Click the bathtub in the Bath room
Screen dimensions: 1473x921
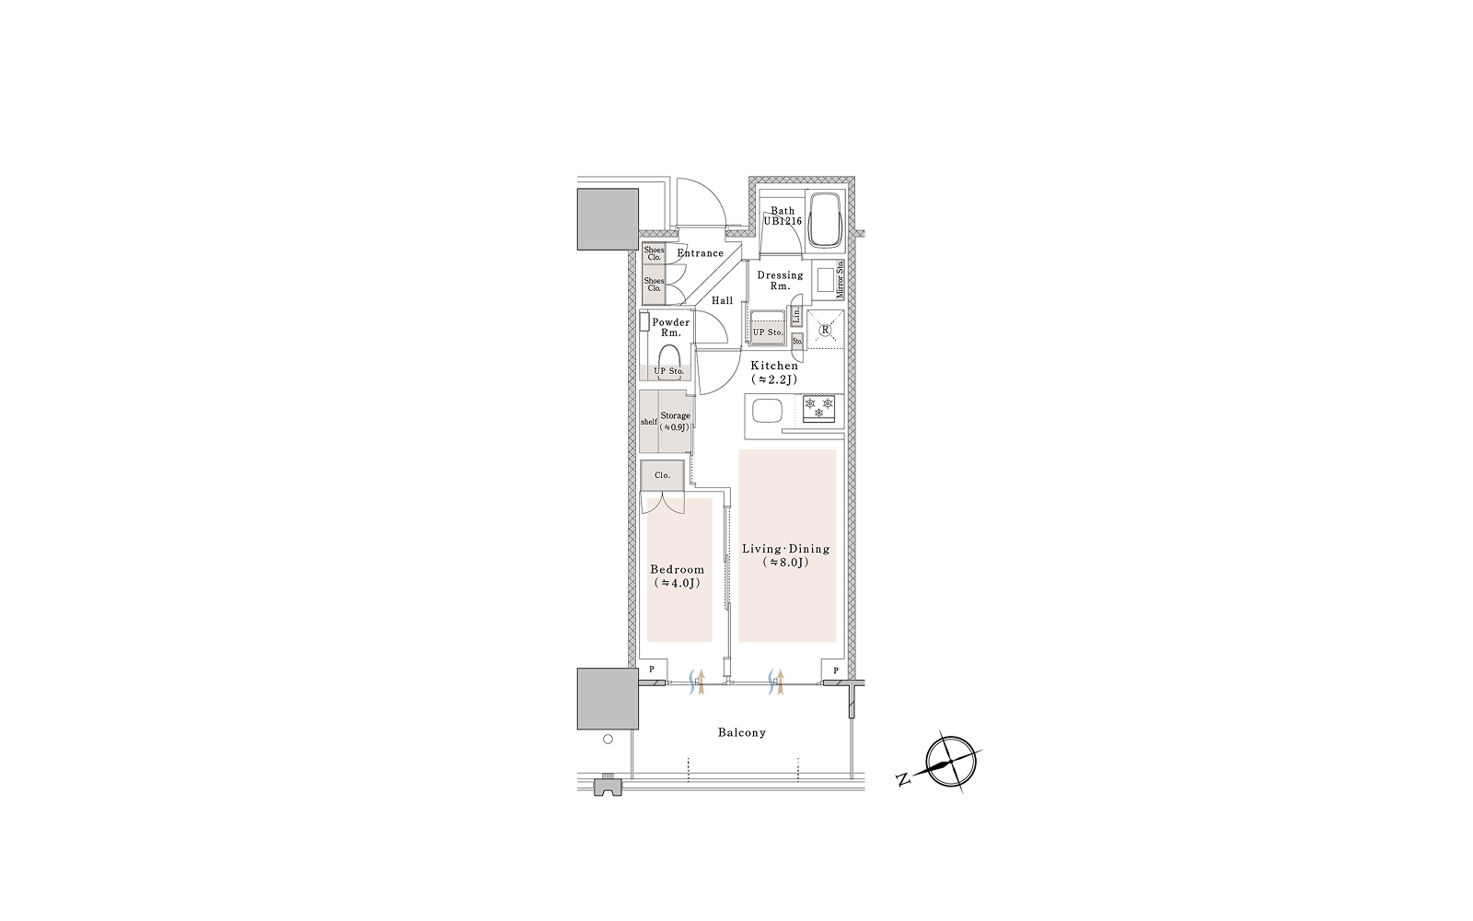coord(825,220)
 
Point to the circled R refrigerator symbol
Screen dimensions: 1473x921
coord(825,329)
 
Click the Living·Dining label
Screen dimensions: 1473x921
coord(786,549)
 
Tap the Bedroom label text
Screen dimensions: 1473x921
coord(677,570)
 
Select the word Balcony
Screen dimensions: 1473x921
coord(742,732)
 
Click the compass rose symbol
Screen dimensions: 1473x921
coord(950,762)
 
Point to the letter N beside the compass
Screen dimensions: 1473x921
coord(903,780)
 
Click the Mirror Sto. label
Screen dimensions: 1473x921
coord(840,280)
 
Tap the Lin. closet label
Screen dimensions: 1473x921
coord(796,316)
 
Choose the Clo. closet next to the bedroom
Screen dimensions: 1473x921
coord(662,475)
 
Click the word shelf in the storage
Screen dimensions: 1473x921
coord(648,422)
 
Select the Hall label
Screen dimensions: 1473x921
coord(722,300)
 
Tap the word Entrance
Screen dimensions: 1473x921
coord(701,253)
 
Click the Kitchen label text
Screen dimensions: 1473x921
coord(774,366)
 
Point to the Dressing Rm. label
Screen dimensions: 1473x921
coord(780,281)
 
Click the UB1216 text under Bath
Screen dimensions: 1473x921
coord(783,222)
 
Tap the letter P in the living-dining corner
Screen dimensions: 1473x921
coord(836,670)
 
